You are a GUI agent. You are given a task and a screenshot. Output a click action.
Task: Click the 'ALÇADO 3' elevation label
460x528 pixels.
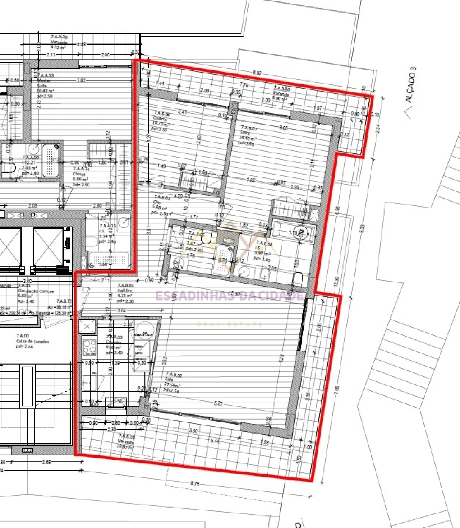coord(411,85)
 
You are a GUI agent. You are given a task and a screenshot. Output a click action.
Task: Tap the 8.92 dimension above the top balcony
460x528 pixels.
coord(257,73)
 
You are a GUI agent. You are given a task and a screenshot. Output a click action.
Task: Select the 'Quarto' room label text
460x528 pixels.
coord(160,119)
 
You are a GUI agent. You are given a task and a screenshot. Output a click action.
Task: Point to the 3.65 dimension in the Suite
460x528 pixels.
coord(284,128)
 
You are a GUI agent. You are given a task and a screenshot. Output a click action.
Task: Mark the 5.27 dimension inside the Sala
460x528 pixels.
coord(218,403)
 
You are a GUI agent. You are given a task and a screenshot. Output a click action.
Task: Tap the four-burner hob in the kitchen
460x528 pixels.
coord(89,347)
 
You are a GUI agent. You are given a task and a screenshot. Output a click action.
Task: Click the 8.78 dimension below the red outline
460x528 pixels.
coord(195,483)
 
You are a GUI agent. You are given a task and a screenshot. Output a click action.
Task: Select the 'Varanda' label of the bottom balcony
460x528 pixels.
coord(125,441)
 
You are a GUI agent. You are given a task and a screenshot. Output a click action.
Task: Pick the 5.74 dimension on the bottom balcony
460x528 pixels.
coord(215,440)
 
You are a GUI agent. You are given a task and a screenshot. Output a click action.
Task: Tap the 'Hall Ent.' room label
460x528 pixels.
coord(125,291)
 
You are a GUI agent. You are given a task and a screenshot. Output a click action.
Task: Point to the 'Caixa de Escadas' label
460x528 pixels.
coord(32,341)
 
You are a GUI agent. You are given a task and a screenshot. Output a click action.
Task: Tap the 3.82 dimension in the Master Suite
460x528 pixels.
coord(81,80)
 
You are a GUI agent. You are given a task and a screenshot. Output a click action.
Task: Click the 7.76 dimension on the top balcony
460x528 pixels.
coord(244,85)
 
